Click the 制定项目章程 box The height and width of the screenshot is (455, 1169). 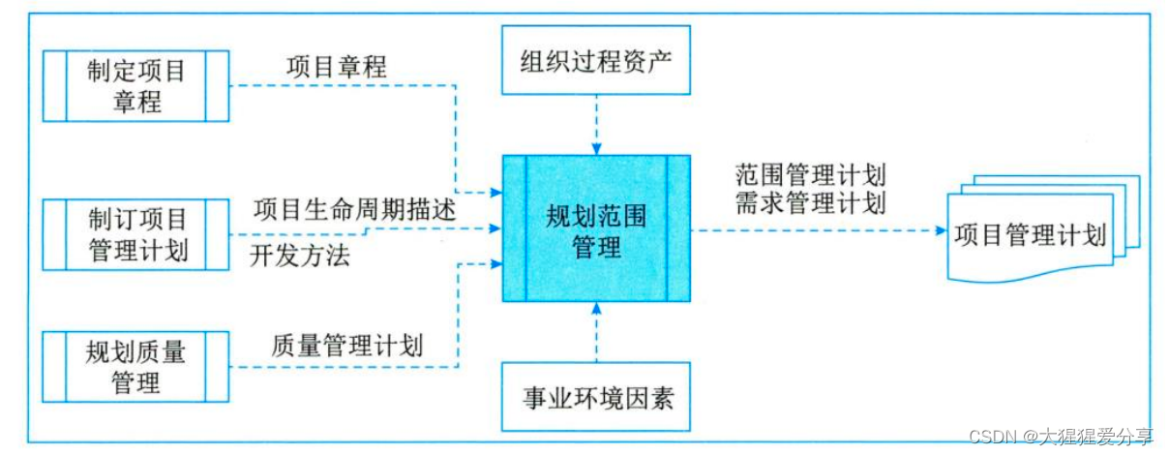[136, 85]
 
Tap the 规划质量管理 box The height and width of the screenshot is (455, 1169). [136, 366]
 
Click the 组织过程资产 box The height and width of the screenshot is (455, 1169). [596, 61]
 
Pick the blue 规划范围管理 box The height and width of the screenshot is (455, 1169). [596, 227]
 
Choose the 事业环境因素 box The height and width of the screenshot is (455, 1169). [596, 396]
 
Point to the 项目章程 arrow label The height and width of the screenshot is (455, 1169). [337, 67]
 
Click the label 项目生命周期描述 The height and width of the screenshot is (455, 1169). [355, 208]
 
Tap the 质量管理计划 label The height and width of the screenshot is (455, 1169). [348, 345]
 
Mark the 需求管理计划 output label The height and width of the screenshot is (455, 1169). [810, 202]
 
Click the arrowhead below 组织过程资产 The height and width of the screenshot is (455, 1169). [596, 148]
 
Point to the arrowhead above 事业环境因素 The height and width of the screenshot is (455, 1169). [596, 309]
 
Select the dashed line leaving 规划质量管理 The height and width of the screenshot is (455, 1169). [339, 366]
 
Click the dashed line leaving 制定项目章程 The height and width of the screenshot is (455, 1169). [339, 85]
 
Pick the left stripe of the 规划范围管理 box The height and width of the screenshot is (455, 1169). [514, 227]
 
